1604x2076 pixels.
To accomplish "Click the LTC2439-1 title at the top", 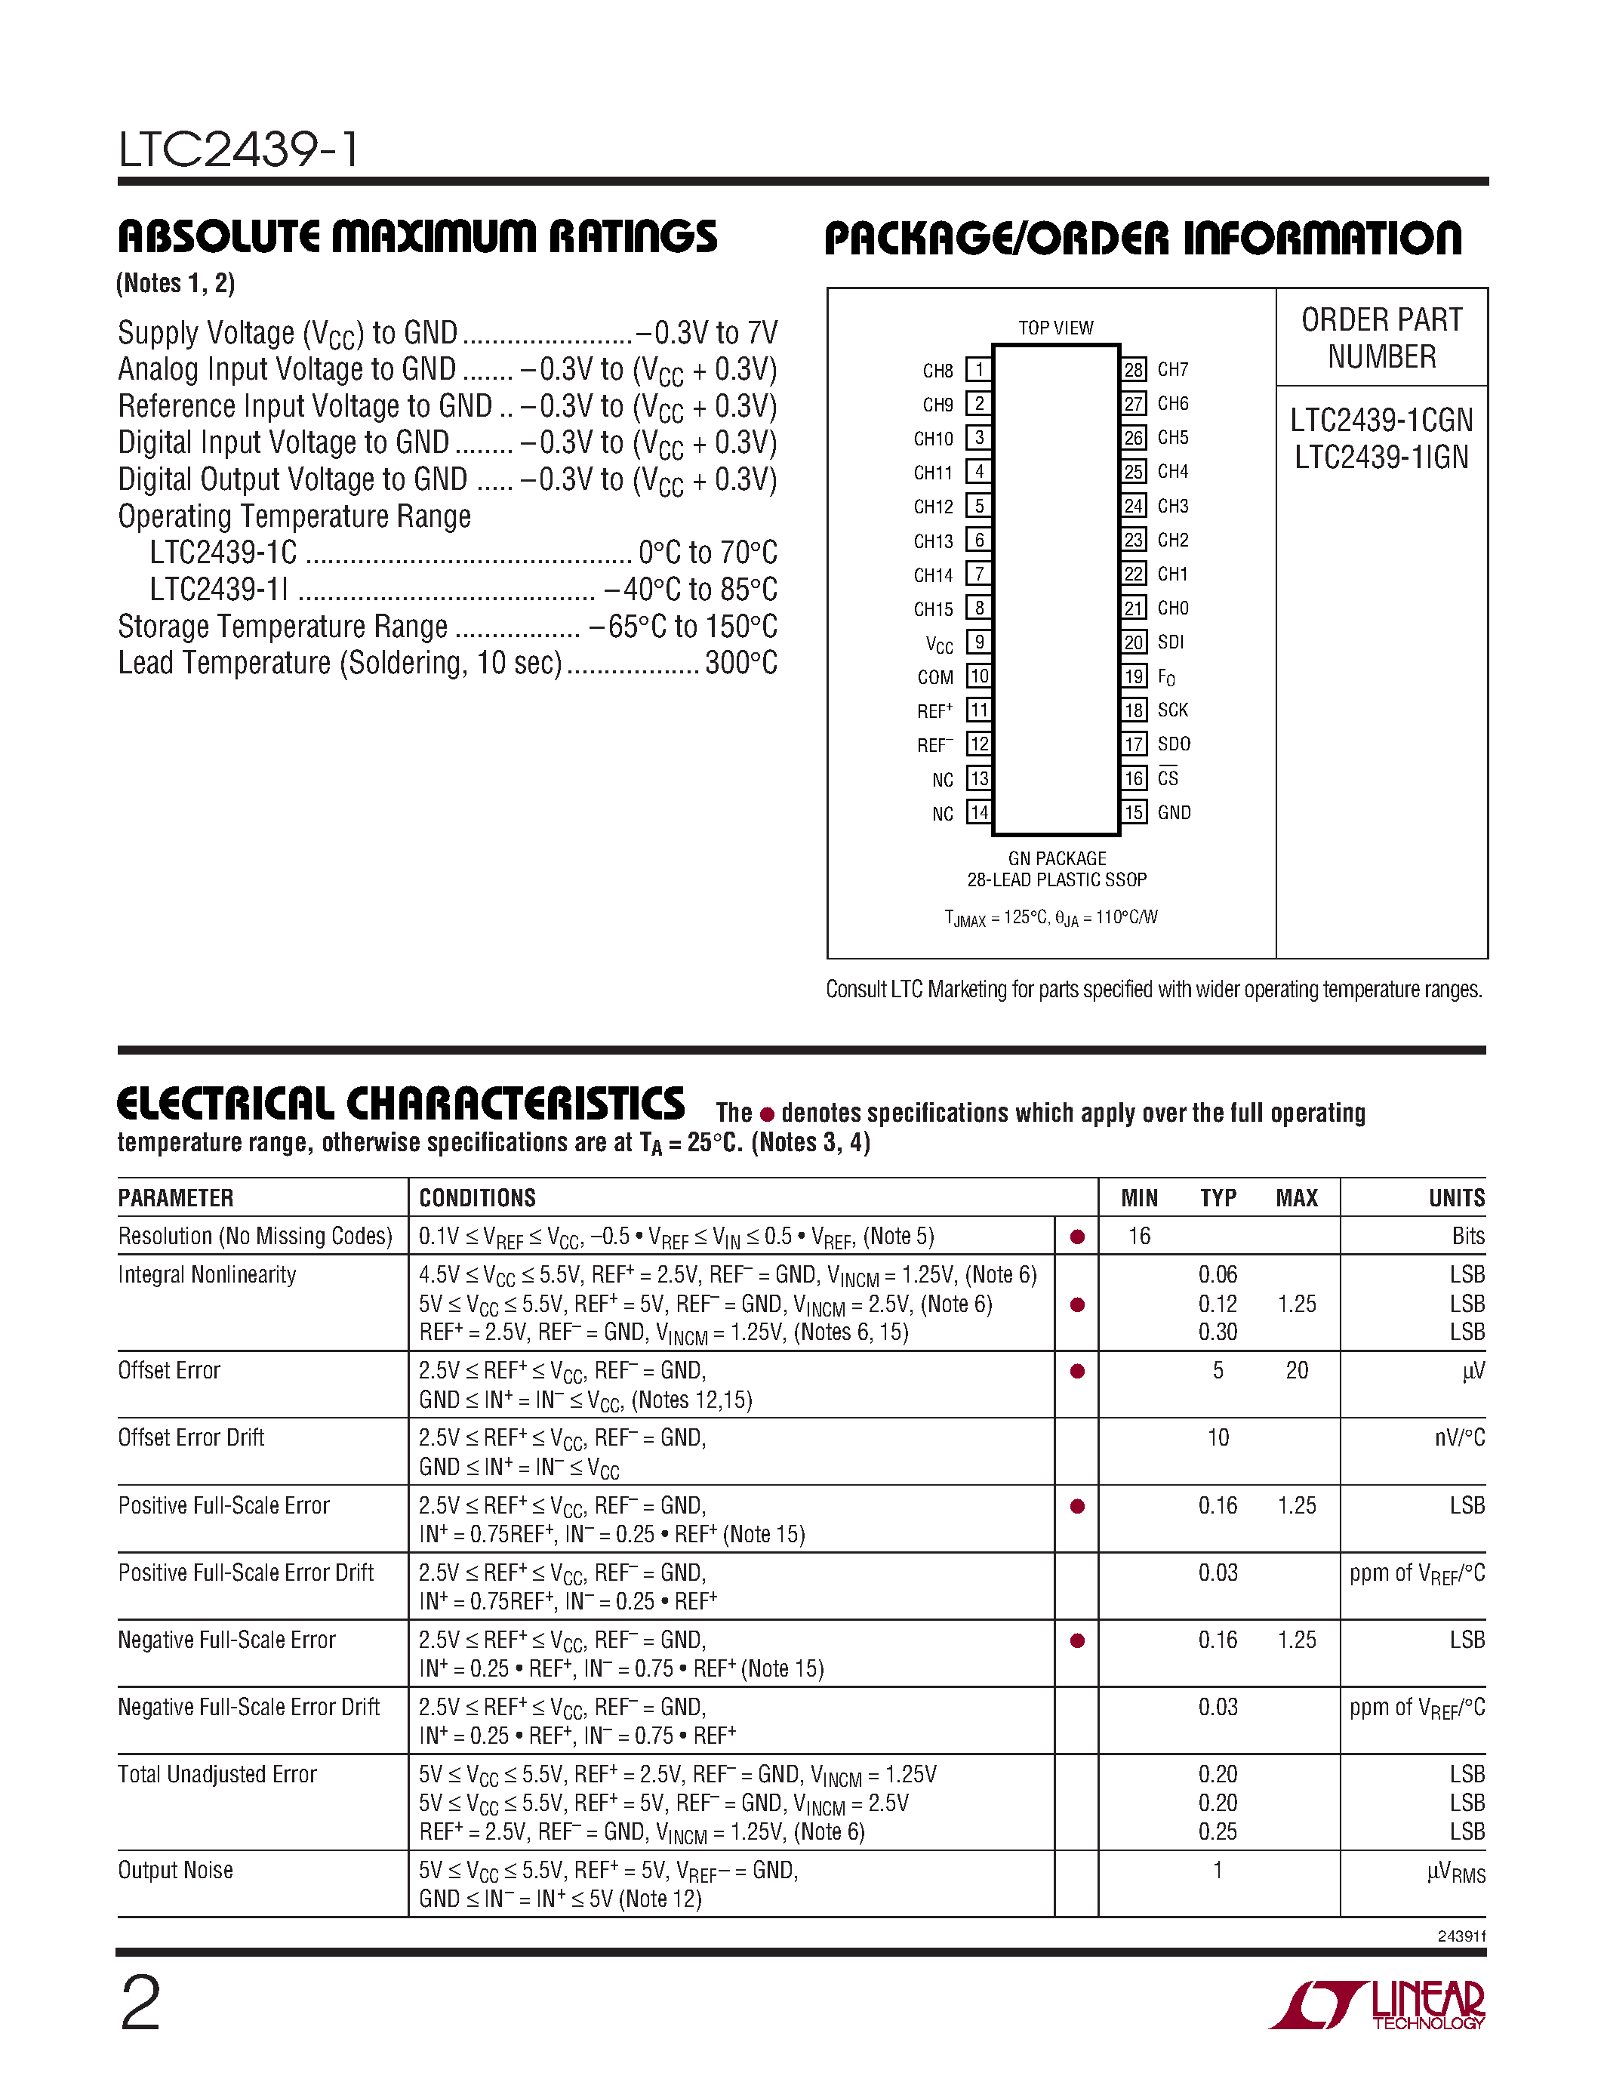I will (x=239, y=149).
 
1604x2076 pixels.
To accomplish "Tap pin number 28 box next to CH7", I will (x=1134, y=369).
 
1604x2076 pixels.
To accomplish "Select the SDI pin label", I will (x=1171, y=642).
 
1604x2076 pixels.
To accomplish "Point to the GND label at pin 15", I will (x=1174, y=813).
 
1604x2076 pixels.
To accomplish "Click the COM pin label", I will (x=935, y=677).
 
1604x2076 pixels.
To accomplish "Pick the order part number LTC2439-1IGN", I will (x=1381, y=457).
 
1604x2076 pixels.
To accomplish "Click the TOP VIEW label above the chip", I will (x=1056, y=328).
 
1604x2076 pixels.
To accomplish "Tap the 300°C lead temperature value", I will (x=741, y=663).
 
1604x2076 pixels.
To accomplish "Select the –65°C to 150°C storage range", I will (x=682, y=627).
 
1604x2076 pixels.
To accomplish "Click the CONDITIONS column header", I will (x=477, y=1198).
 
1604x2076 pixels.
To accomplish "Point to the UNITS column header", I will (x=1456, y=1198).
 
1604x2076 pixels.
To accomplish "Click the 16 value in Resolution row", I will (x=1138, y=1236).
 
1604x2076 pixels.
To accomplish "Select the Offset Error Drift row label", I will (x=191, y=1437).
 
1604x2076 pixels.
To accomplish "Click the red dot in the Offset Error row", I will (x=1076, y=1371).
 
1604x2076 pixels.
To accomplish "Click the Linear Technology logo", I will (x=1378, y=2006).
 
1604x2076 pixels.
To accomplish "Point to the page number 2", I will (x=140, y=2004).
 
